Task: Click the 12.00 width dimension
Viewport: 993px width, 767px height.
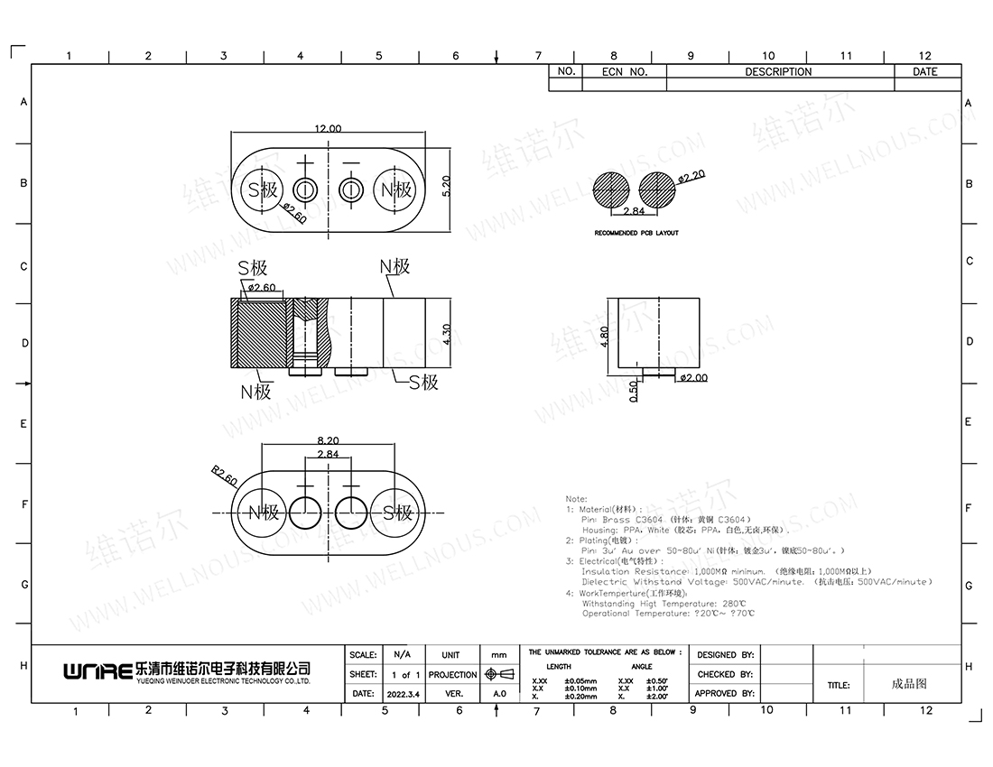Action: (x=328, y=129)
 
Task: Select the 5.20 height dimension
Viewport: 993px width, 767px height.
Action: (x=446, y=189)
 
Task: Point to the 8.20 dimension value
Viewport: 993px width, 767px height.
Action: (x=328, y=439)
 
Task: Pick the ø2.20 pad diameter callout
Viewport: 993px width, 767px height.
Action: (x=691, y=177)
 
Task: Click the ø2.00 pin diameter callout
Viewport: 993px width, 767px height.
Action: (x=693, y=378)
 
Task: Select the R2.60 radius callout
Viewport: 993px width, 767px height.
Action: (x=224, y=476)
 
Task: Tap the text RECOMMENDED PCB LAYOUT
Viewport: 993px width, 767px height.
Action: (x=636, y=233)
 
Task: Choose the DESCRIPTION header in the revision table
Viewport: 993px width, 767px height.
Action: (x=778, y=72)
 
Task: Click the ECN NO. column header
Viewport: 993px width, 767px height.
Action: (x=625, y=72)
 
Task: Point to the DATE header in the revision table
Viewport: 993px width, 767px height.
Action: (x=925, y=72)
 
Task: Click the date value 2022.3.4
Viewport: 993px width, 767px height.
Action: (x=403, y=694)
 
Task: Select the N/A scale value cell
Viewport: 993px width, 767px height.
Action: (x=403, y=654)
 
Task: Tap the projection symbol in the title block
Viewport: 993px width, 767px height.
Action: (x=498, y=674)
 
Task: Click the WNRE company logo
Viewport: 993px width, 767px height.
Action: (x=97, y=671)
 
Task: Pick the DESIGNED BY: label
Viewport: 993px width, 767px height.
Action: (x=725, y=654)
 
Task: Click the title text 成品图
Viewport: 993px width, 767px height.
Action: (x=908, y=684)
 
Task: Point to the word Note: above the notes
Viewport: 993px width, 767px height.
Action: (x=576, y=498)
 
